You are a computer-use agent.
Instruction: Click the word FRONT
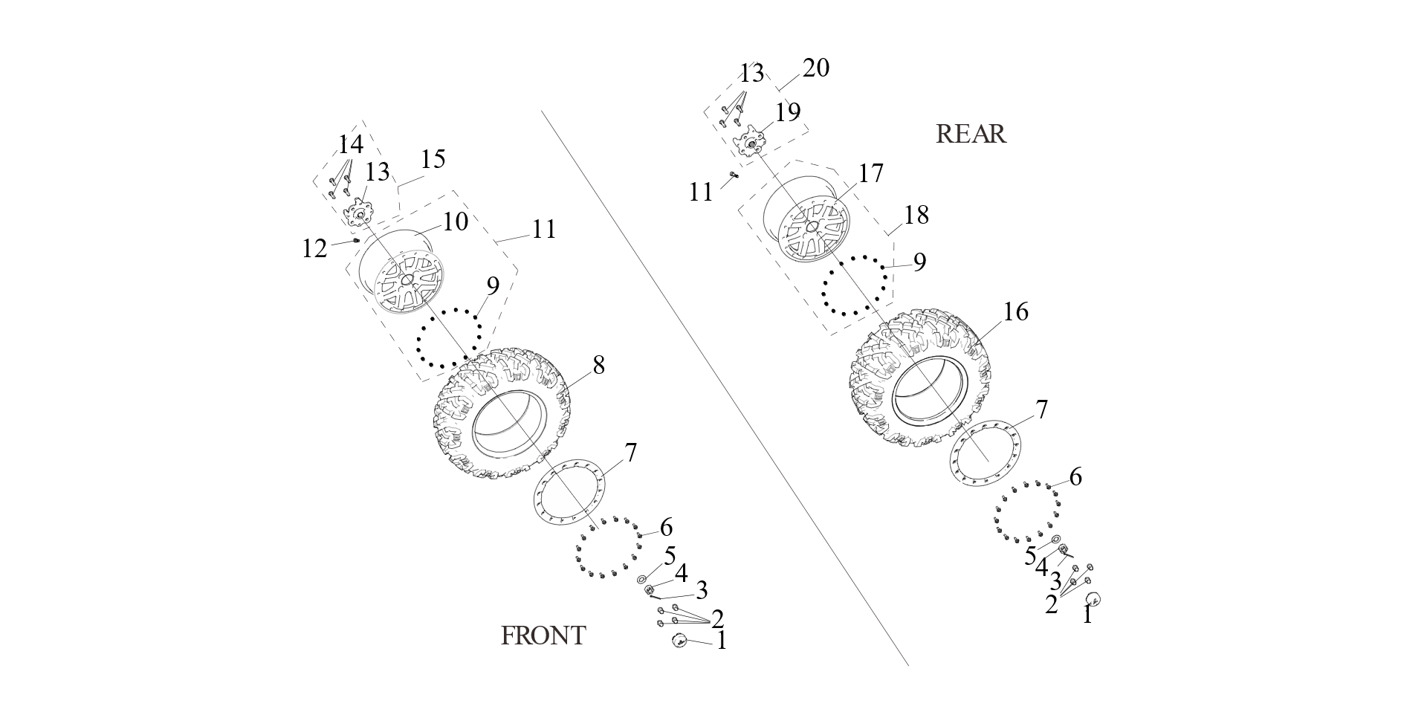pyautogui.click(x=543, y=635)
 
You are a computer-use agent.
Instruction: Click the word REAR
pyautogui.click(x=970, y=134)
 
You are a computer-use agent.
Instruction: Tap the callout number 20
pyautogui.click(x=815, y=68)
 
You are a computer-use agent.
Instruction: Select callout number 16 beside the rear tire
pyautogui.click(x=1015, y=312)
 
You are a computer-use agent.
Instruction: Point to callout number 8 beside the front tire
pyautogui.click(x=598, y=366)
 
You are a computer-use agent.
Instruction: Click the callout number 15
pyautogui.click(x=433, y=159)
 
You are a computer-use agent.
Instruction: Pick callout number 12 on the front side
pyautogui.click(x=314, y=249)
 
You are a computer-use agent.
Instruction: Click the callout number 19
pyautogui.click(x=788, y=112)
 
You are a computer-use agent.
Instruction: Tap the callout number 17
pyautogui.click(x=870, y=173)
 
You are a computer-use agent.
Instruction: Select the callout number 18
pyautogui.click(x=916, y=216)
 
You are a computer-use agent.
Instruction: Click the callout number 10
pyautogui.click(x=456, y=221)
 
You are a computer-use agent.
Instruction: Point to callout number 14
pyautogui.click(x=351, y=144)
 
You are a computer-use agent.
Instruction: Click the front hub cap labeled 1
pyautogui.click(x=679, y=641)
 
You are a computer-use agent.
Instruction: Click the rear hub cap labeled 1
pyautogui.click(x=1093, y=599)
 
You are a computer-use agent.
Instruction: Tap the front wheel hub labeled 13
pyautogui.click(x=359, y=213)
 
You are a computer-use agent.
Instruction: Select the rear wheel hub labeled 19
pyautogui.click(x=751, y=141)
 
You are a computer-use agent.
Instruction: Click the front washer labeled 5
pyautogui.click(x=642, y=579)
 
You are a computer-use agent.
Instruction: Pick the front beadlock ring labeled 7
pyautogui.click(x=570, y=491)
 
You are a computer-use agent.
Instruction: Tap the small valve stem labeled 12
pyautogui.click(x=357, y=241)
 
